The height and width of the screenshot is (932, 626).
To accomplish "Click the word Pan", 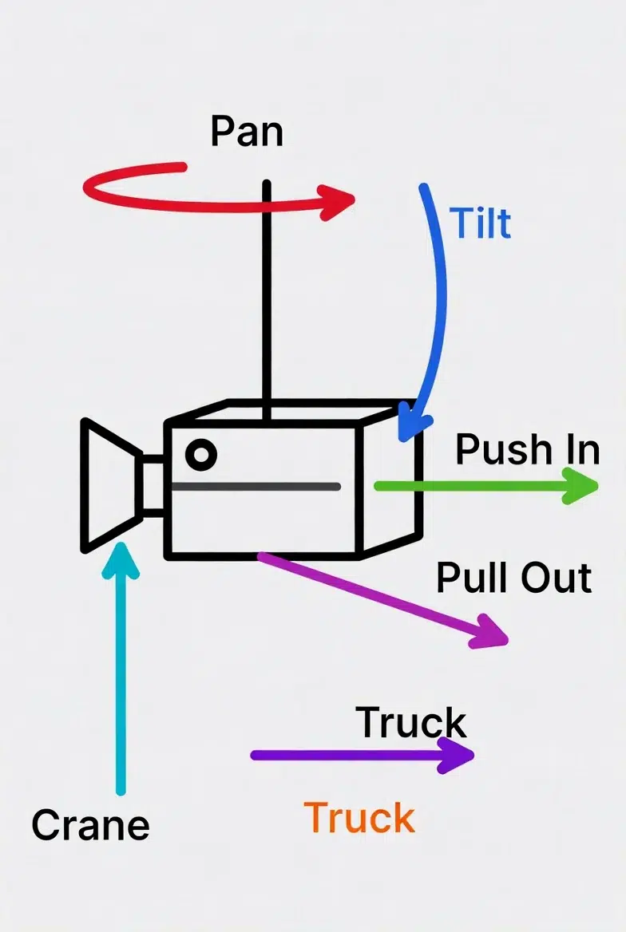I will point(247,131).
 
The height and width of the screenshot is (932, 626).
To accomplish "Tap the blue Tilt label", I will point(480,223).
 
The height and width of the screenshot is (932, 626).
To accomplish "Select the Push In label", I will point(527,449).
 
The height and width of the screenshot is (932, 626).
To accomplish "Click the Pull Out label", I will point(514,577).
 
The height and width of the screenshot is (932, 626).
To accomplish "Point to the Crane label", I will point(90,824).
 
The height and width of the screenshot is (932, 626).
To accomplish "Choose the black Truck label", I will point(411,722).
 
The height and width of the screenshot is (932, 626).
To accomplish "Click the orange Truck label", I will point(359,818).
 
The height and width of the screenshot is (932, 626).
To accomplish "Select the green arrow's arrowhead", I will point(581,486).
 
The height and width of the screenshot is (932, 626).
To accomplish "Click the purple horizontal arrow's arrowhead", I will point(458,755).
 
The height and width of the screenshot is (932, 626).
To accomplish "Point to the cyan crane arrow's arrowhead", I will point(121,559).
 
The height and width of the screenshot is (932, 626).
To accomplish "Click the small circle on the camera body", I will point(200,454).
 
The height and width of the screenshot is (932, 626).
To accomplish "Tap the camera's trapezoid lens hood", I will point(108,484).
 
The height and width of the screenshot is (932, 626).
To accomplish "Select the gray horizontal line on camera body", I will point(256,486).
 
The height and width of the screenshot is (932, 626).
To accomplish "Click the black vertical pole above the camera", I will point(267,303).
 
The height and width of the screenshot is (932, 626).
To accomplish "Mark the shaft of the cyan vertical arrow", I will point(121,686).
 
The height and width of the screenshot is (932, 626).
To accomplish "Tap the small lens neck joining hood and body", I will point(153,485).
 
